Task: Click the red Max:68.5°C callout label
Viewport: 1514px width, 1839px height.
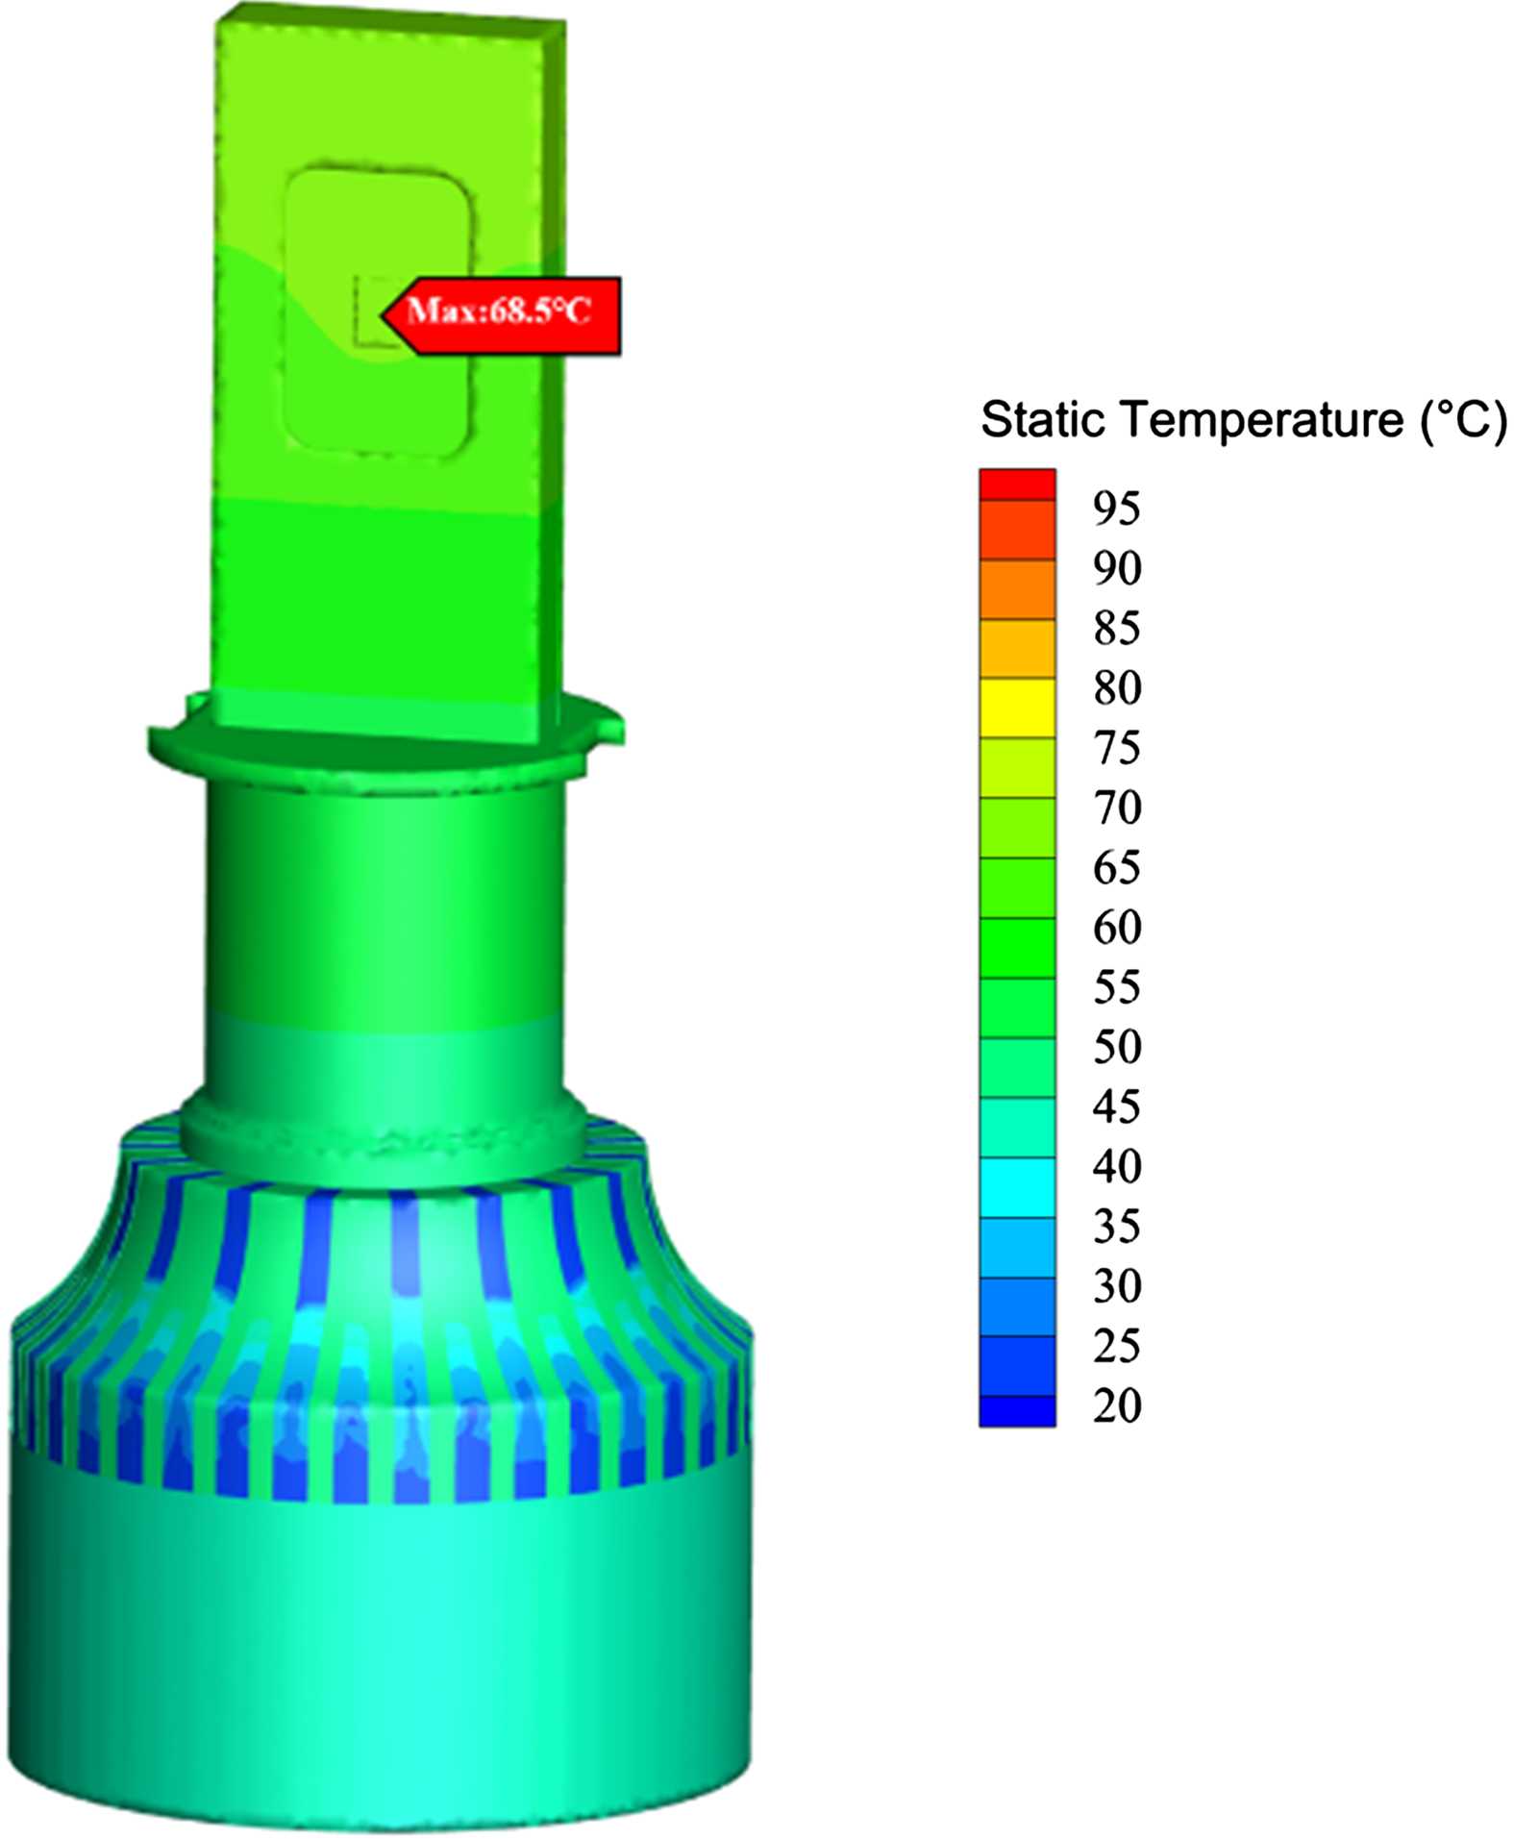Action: point(501,315)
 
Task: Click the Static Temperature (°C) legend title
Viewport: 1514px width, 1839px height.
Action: point(1244,421)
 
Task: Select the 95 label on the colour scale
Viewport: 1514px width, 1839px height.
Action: point(1117,509)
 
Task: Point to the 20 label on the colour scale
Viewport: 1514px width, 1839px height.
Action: point(1117,1405)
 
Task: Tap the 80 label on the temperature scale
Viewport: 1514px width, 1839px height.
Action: point(1117,688)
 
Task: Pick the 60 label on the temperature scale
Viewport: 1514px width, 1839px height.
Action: point(1117,928)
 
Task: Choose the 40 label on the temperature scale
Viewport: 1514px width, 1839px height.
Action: point(1117,1166)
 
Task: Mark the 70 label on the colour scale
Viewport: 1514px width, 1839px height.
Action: point(1117,808)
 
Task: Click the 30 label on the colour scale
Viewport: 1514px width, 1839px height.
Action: point(1117,1286)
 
